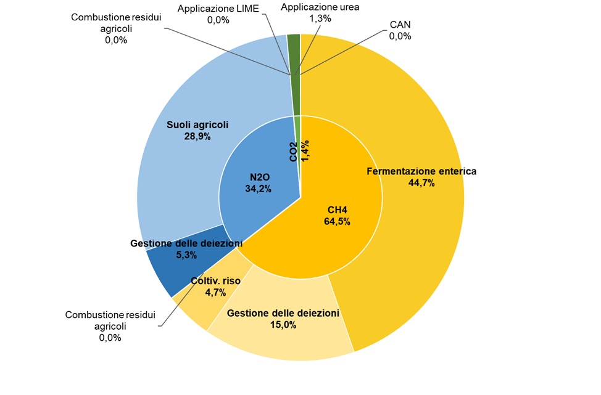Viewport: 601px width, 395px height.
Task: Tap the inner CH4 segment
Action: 333,240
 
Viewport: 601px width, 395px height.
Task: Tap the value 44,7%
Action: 421,183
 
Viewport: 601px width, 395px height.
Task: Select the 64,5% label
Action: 337,222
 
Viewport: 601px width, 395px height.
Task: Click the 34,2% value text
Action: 258,189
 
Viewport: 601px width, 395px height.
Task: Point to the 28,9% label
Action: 197,136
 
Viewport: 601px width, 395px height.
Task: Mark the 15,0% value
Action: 283,325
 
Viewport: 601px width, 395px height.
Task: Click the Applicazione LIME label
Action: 218,9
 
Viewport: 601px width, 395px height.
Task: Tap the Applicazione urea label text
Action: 320,7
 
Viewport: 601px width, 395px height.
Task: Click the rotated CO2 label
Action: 294,152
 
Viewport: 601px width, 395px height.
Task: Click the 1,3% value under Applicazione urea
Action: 320,18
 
